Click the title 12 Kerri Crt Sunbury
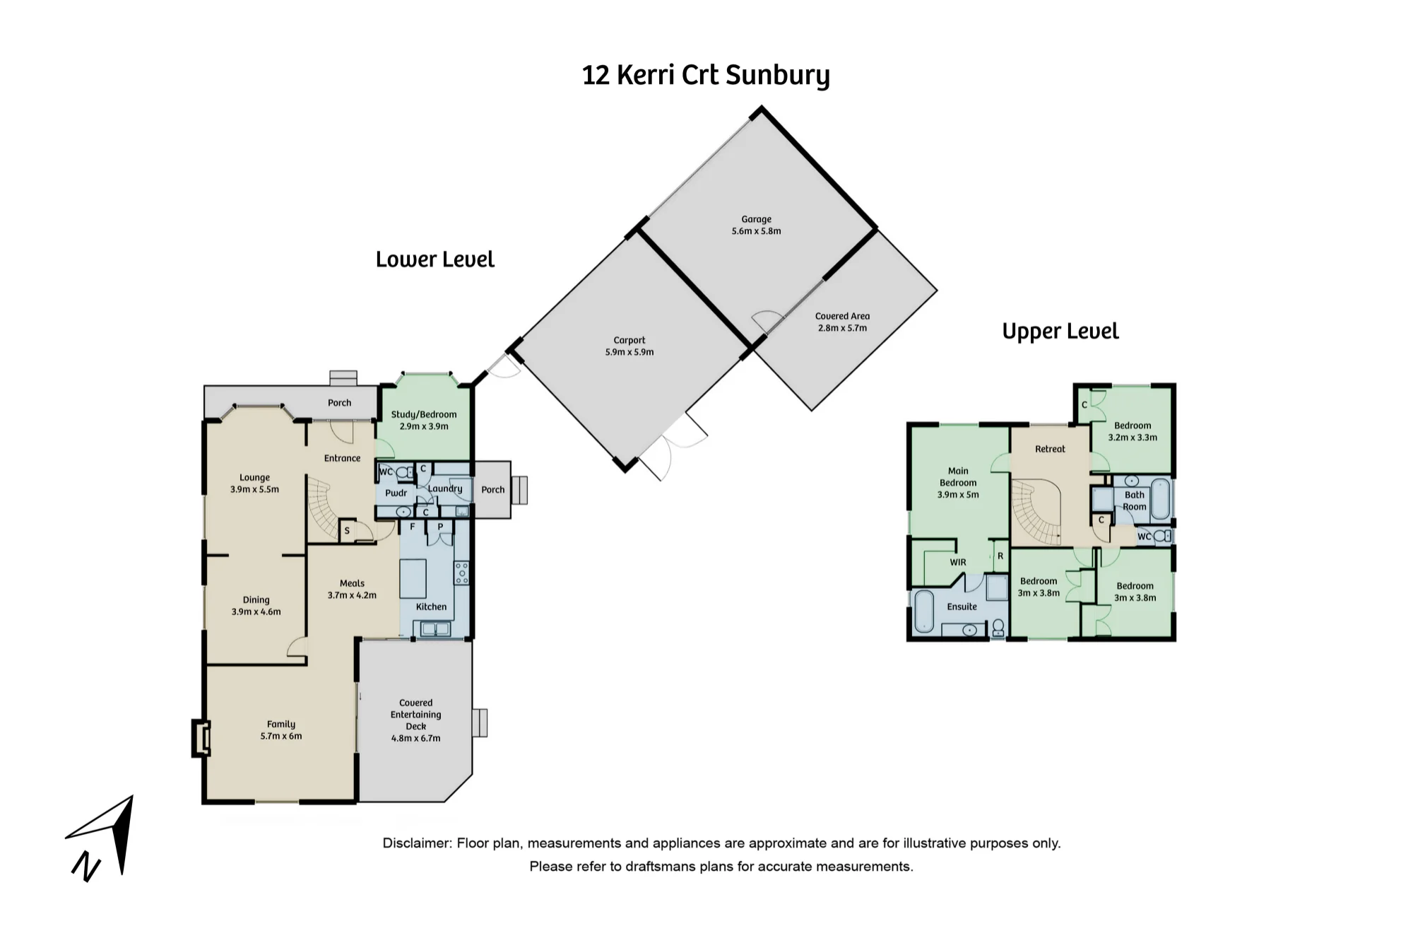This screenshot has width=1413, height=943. (x=706, y=76)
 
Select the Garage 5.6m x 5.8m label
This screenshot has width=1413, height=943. (x=756, y=225)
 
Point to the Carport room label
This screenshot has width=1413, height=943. (x=629, y=340)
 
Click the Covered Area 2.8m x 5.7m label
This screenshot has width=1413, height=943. (x=842, y=322)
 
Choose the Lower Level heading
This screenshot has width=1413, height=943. (x=435, y=259)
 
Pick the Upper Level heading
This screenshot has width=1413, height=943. (x=1060, y=331)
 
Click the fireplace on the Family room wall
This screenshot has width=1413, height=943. (x=201, y=738)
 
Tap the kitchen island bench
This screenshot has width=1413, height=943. (x=413, y=578)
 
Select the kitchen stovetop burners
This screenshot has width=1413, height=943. (x=461, y=573)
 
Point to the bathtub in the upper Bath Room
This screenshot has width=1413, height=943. (x=1161, y=500)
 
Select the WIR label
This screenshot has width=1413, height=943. (x=957, y=563)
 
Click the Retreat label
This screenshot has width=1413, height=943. (x=1050, y=449)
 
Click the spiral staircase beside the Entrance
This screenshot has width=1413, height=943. (x=322, y=508)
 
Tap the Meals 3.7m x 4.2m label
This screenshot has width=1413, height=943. (x=352, y=589)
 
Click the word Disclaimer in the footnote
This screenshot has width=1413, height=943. (x=417, y=843)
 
